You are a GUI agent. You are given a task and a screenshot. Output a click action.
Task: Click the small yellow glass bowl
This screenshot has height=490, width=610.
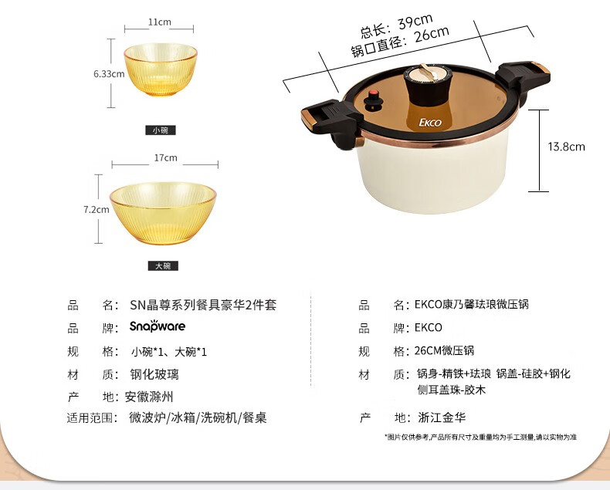coord(161,69)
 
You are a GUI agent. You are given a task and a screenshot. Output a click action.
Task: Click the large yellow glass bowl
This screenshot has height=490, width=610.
coord(163,213)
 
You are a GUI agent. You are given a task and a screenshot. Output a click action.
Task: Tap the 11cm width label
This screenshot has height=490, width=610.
coord(159,22)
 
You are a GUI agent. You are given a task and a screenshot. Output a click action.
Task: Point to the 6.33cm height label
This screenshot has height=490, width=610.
coord(109,73)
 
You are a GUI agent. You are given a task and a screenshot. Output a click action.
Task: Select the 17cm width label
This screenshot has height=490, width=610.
coord(166,158)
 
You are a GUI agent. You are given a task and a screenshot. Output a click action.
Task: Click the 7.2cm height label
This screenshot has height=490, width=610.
coord(96,210)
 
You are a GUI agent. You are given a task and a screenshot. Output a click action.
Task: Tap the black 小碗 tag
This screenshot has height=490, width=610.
coord(161,130)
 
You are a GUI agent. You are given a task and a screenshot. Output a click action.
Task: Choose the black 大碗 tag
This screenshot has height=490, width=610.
coord(163,266)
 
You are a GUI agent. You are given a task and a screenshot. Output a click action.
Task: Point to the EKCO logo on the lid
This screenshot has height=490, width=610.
coord(430,123)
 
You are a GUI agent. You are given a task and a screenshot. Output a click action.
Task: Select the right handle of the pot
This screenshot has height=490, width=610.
coord(524,79)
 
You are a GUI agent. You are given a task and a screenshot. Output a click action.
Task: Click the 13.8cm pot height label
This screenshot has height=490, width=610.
coord(567,147)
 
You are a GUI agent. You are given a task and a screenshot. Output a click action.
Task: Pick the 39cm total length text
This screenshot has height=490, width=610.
coord(396,26)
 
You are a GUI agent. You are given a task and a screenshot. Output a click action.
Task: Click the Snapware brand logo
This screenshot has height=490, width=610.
coord(158,326)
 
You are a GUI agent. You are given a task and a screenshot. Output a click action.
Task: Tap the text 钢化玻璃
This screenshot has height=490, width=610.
coord(154,374)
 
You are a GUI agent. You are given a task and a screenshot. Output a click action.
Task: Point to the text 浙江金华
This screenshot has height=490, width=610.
coord(442,417)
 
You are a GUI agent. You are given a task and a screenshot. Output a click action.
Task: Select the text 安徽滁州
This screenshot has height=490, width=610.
coord(149,397)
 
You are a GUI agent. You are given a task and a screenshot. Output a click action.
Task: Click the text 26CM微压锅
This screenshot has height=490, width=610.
coord(444,351)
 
